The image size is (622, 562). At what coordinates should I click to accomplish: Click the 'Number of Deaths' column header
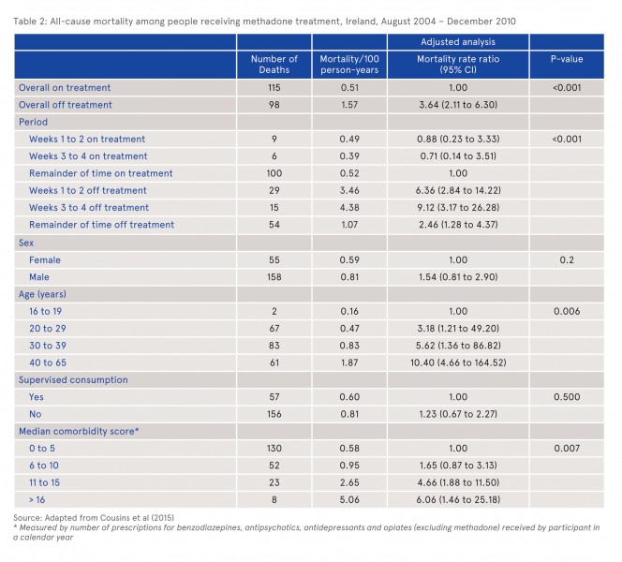274,65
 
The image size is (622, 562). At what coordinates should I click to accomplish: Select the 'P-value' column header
567,59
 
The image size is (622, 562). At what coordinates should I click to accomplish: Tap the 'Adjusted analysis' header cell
458,42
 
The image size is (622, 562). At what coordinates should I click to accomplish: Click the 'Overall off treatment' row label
66,105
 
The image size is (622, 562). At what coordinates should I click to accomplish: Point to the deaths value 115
274,88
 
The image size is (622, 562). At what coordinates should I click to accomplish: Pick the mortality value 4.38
349,207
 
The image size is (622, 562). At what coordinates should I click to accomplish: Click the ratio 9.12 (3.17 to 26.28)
458,207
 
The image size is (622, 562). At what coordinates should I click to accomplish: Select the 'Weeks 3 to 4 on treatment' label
88,156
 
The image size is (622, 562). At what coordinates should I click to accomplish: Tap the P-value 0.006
567,311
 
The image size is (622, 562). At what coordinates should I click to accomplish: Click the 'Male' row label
39,277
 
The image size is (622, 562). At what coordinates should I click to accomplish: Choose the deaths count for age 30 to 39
274,346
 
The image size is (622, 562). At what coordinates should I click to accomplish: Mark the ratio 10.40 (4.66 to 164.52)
458,362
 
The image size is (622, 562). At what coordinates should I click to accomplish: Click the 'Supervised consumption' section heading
73,380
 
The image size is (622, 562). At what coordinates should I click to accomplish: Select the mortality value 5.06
349,500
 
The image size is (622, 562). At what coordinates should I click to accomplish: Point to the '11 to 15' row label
44,482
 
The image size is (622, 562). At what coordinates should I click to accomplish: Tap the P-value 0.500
567,397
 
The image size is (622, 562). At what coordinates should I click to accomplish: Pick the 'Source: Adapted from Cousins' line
94,518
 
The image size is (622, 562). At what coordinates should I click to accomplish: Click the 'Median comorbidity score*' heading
79,432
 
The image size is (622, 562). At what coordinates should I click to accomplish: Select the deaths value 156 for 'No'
274,414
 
